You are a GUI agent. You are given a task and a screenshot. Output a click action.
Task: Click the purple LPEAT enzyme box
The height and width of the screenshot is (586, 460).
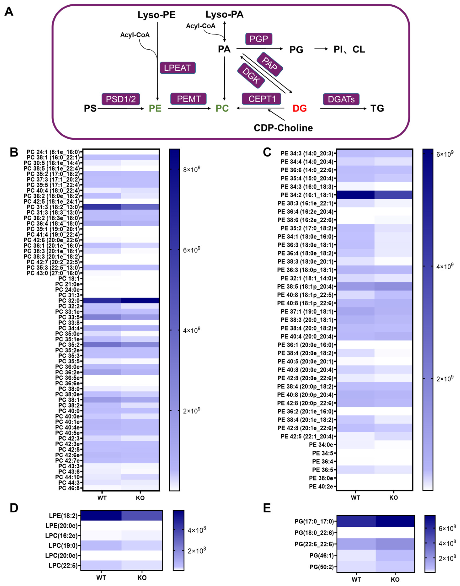click(178, 68)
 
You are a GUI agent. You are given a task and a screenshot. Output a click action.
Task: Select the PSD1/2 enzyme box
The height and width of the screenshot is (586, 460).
click(121, 99)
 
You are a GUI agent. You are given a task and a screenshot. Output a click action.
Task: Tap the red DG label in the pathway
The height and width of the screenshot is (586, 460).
click(300, 109)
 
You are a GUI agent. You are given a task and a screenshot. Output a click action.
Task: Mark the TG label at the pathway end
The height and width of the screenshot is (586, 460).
click(377, 109)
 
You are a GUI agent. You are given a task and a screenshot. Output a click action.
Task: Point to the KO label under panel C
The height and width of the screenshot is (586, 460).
click(394, 498)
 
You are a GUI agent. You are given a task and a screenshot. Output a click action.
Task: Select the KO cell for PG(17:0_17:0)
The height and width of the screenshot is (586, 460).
click(395, 521)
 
